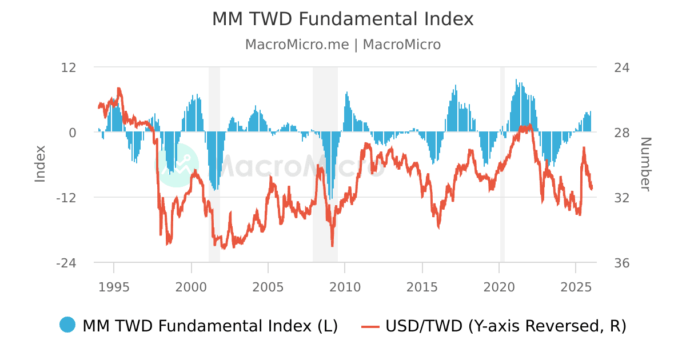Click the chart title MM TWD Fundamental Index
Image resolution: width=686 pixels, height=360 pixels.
coord(342,19)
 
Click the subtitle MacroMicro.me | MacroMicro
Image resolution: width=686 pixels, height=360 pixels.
coord(342,45)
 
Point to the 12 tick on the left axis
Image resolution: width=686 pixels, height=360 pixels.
coord(69,67)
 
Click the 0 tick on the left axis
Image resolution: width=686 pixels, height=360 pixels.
coord(73,132)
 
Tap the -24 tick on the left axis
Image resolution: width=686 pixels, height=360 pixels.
coord(66,263)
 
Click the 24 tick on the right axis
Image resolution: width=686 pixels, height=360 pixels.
coord(621,67)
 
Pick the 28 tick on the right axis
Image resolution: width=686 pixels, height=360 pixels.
coord(621,132)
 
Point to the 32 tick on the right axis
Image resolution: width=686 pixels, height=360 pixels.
coord(621,197)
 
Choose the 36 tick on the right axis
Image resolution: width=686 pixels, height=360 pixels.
coord(621,263)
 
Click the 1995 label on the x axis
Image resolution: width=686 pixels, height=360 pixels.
coord(114,286)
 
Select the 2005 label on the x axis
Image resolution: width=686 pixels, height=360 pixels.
coord(268,286)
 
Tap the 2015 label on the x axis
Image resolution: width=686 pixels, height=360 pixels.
coord(422,286)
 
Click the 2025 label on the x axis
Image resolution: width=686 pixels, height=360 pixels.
coord(576,286)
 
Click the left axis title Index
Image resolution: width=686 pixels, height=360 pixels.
coord(40,164)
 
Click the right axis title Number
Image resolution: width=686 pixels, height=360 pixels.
coord(645,164)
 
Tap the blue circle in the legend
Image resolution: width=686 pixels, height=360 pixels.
coord(67,325)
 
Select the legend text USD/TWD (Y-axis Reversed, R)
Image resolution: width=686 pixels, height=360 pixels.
coord(506,326)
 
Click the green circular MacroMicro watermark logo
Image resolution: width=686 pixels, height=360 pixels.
coord(178,165)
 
